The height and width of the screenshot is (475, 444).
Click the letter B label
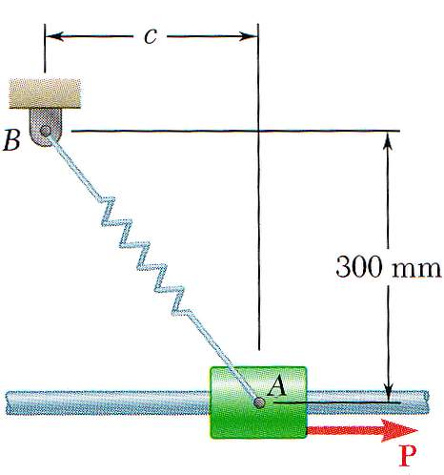pyautogui.click(x=11, y=140)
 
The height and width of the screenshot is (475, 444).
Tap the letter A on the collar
pyautogui.click(x=277, y=385)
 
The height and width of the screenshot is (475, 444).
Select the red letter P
pyautogui.click(x=408, y=456)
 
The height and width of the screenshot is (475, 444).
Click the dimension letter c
pyautogui.click(x=151, y=36)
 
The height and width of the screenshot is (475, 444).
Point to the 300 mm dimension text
pyautogui.click(x=388, y=266)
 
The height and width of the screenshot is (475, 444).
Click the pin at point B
pyautogui.click(x=46, y=131)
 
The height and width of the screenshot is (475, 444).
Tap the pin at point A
pyautogui.click(x=259, y=403)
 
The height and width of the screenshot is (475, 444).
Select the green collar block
pyautogui.click(x=258, y=403)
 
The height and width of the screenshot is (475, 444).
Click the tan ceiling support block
pyautogui.click(x=45, y=93)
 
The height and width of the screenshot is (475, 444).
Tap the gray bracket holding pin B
pyautogui.click(x=46, y=127)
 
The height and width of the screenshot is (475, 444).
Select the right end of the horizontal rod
pyautogui.click(x=427, y=403)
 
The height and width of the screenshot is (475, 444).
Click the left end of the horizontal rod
pyautogui.click(x=8, y=403)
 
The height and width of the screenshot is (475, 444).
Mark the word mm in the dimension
pyautogui.click(x=416, y=269)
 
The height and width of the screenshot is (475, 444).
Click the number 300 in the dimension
pyautogui.click(x=358, y=266)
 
